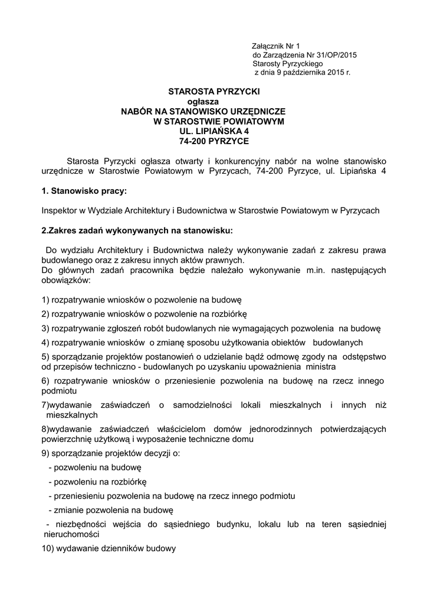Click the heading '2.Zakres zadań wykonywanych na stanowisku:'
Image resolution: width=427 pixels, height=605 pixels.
point(137,230)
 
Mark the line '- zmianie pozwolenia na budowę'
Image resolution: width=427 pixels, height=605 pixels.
point(110,509)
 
